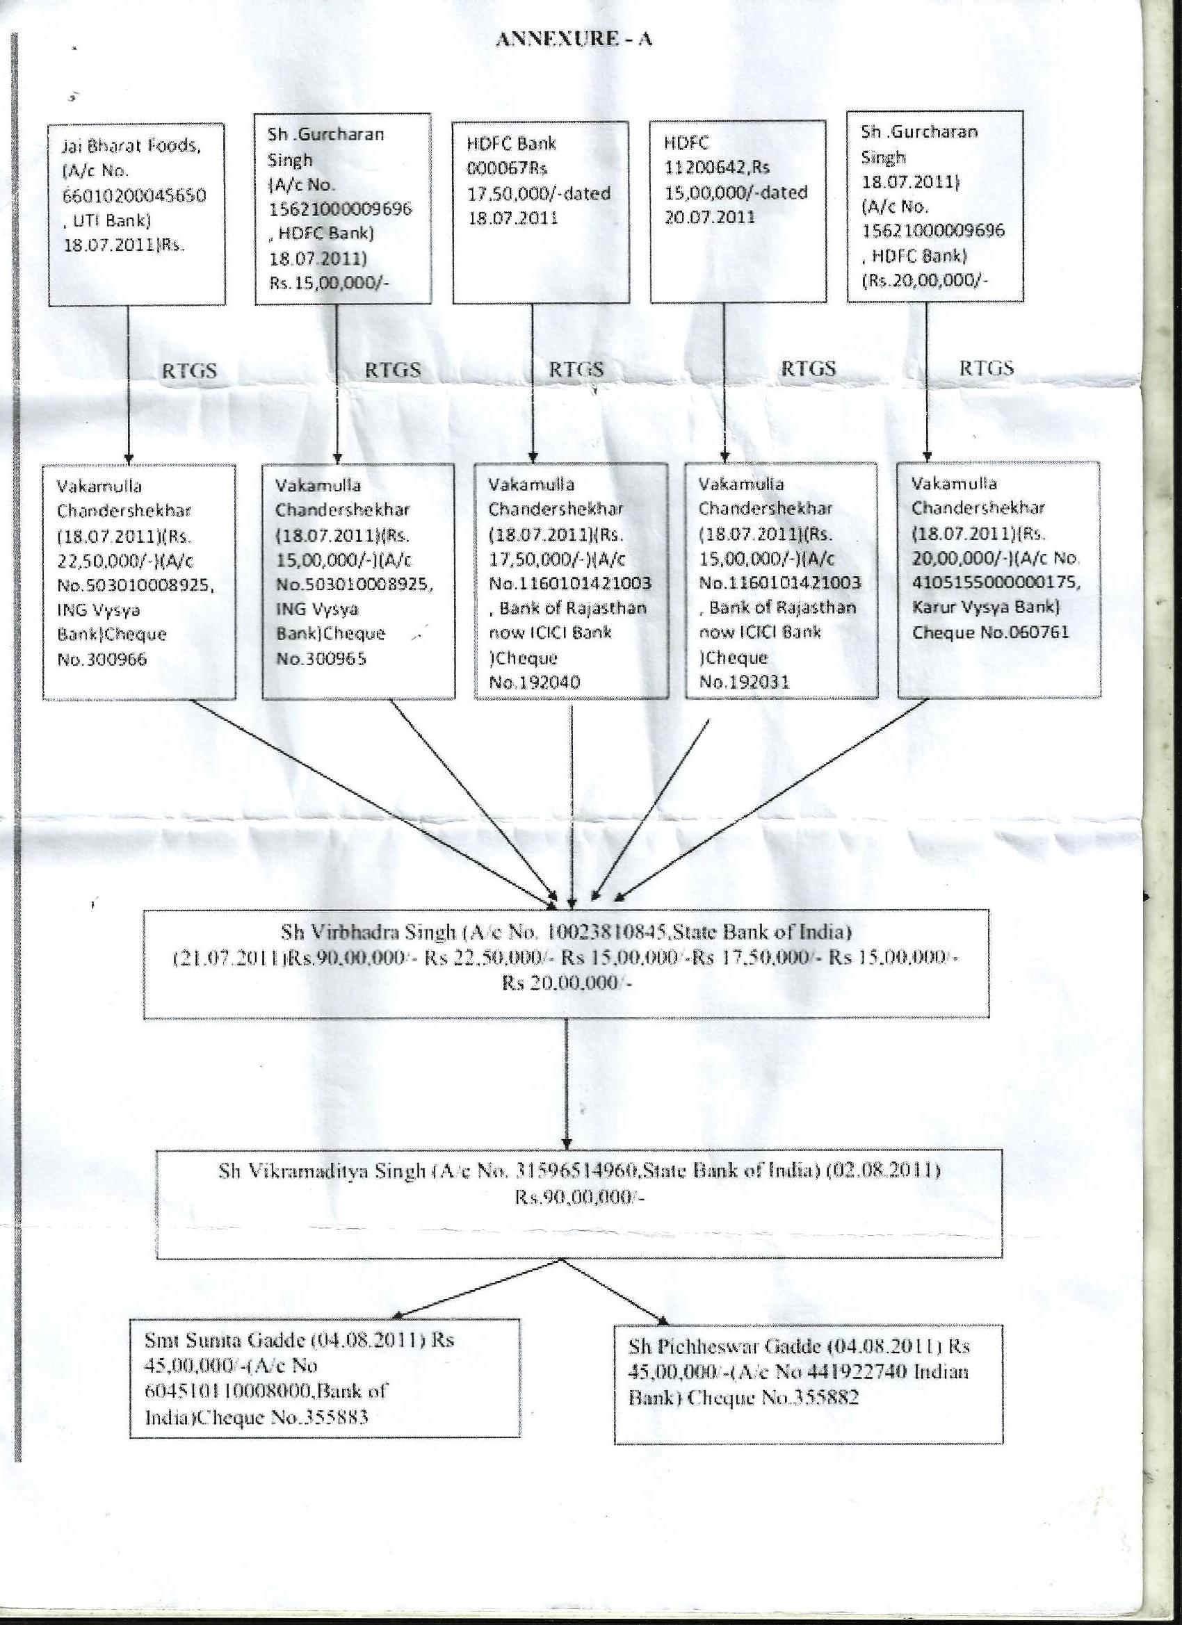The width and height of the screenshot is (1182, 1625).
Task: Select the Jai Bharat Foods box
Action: (137, 213)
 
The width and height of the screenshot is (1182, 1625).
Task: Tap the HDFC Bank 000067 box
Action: (541, 212)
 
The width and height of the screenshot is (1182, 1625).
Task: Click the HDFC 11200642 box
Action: (738, 211)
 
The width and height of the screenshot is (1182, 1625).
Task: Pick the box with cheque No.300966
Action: (139, 581)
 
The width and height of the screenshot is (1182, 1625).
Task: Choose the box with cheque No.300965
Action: (358, 580)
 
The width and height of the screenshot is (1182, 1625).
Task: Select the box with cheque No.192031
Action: (782, 580)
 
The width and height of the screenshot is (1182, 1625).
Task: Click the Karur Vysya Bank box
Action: (999, 579)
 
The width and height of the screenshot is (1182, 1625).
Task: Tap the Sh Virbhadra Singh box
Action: (566, 964)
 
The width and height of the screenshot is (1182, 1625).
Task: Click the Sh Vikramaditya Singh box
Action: (579, 1204)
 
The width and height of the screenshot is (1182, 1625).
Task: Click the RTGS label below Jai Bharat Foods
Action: (188, 370)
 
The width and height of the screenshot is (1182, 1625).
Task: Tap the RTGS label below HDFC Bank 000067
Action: (576, 369)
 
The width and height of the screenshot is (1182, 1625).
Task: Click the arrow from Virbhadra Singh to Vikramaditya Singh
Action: (567, 1084)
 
